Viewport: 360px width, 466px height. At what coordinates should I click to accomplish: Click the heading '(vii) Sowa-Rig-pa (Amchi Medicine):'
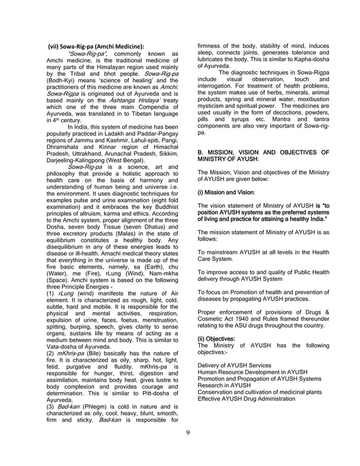tap(96, 46)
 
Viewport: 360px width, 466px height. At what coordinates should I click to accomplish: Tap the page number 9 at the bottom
tap(188, 433)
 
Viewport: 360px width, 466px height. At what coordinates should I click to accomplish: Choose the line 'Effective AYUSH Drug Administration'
tap(246, 399)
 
